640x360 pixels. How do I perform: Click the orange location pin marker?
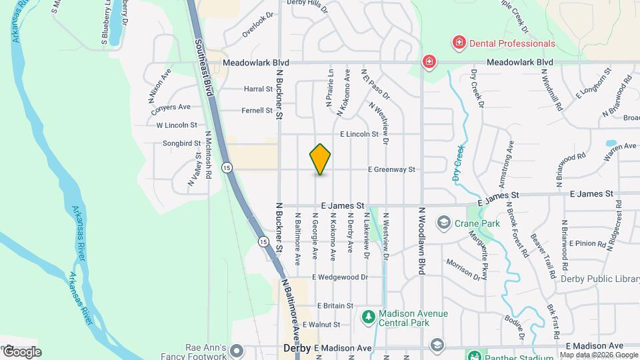pyautogui.click(x=321, y=159)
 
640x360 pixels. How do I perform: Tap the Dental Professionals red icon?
pyautogui.click(x=459, y=43)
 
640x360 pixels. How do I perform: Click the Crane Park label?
pyautogui.click(x=477, y=223)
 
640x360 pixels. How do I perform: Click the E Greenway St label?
pyautogui.click(x=391, y=170)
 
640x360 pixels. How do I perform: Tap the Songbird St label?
pyautogui.click(x=182, y=143)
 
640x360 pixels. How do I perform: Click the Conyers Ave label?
pyautogui.click(x=172, y=107)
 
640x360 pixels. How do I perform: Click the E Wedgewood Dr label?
pyautogui.click(x=339, y=277)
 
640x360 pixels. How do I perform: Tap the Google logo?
pyautogui.click(x=21, y=351)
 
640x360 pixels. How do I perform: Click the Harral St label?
pyautogui.click(x=259, y=89)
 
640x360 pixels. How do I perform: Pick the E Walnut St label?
pyautogui.click(x=321, y=325)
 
